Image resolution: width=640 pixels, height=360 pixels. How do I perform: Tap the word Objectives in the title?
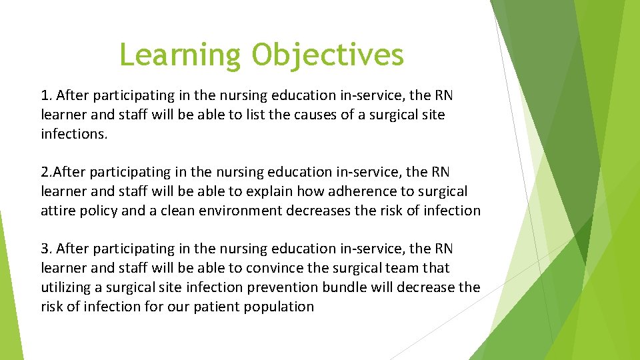pyautogui.click(x=327, y=55)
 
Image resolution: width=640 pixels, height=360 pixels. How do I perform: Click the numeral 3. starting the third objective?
pyautogui.click(x=47, y=249)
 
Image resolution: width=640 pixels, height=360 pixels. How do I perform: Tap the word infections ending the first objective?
pyautogui.click(x=74, y=134)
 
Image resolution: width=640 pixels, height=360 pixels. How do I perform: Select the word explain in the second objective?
pyautogui.click(x=267, y=191)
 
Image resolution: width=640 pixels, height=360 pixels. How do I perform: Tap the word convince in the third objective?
pyautogui.click(x=273, y=268)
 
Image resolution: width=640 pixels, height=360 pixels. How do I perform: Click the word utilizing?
pyautogui.click(x=69, y=287)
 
